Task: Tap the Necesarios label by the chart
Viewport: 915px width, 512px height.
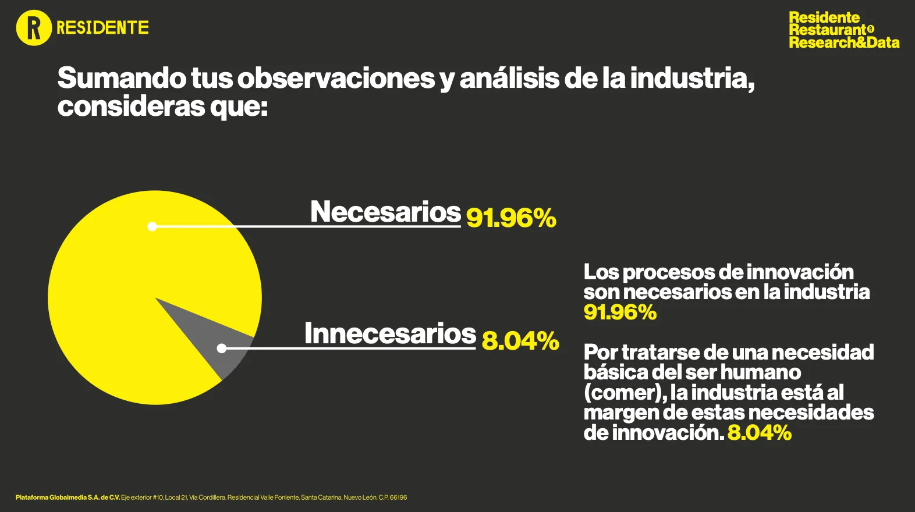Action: tap(385, 212)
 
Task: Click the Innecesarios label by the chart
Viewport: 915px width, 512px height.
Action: tap(390, 334)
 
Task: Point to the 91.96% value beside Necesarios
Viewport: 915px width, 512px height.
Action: tap(511, 218)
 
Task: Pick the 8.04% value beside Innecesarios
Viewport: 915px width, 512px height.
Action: tap(520, 341)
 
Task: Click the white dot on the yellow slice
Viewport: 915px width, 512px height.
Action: tap(152, 226)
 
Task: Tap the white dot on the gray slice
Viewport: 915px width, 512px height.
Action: tap(221, 349)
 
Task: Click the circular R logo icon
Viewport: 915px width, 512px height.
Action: tap(34, 28)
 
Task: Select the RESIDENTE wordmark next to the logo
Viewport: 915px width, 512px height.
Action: tap(102, 28)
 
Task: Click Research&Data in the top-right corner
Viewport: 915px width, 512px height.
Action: tap(844, 42)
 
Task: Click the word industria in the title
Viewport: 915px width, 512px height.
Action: tap(692, 79)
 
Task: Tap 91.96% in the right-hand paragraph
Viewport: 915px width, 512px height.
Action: tap(620, 312)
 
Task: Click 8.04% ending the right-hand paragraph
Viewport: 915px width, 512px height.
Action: tap(759, 433)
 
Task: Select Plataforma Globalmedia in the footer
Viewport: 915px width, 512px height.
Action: tap(51, 497)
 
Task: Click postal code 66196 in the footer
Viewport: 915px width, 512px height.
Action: tap(398, 497)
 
